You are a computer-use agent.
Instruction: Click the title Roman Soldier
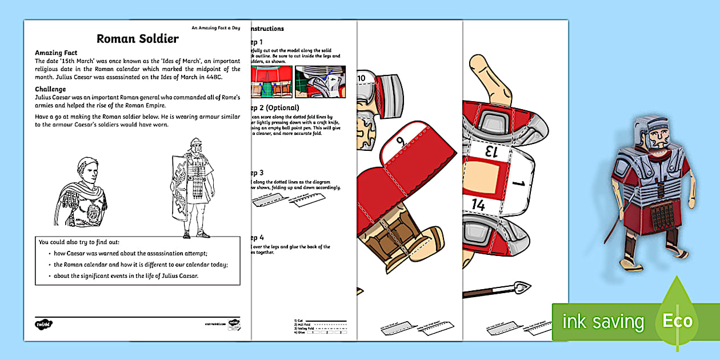coord(137,39)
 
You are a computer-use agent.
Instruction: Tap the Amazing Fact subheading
coord(56,53)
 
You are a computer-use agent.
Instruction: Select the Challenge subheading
coord(50,89)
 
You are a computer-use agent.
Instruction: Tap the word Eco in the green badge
coord(677,321)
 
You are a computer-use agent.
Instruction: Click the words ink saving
coord(603,322)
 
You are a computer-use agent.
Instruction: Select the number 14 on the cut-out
coord(479,205)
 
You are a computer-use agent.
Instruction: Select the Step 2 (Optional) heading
coord(274,108)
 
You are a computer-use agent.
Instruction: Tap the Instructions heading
coord(267,29)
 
